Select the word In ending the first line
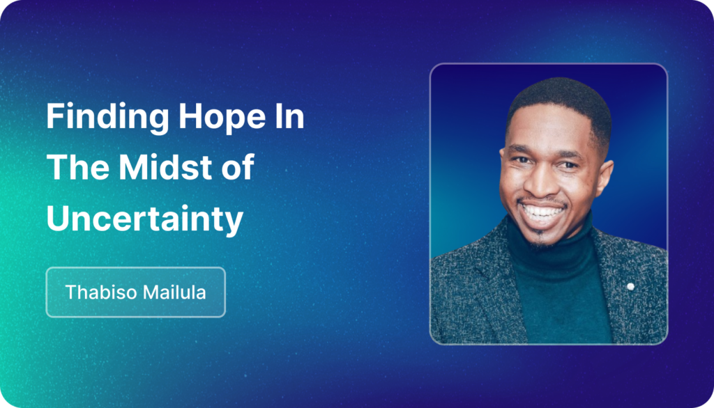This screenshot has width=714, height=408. [x=289, y=116]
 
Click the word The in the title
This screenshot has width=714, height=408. [x=77, y=167]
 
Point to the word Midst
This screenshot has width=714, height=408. [x=165, y=167]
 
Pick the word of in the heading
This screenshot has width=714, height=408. [x=238, y=167]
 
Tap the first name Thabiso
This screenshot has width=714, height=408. [x=100, y=292]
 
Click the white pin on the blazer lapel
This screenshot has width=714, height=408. [x=630, y=286]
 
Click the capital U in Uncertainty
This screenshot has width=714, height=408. [x=57, y=219]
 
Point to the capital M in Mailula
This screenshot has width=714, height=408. [x=151, y=292]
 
